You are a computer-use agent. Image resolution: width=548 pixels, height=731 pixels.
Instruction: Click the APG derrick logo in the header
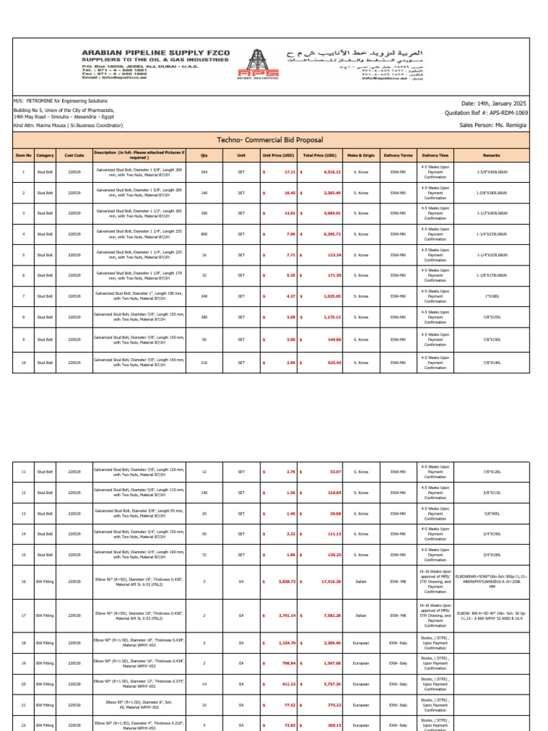pyautogui.click(x=274, y=64)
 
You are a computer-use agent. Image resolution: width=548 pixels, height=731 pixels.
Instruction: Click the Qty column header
pyautogui.click(x=204, y=154)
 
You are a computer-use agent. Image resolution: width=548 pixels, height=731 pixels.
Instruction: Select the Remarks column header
pyautogui.click(x=492, y=154)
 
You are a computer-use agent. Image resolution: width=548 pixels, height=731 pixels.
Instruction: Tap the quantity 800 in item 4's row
pyautogui.click(x=204, y=234)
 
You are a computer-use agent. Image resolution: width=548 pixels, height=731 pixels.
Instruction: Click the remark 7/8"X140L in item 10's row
pyautogui.click(x=492, y=363)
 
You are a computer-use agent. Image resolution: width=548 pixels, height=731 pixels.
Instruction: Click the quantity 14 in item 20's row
pyautogui.click(x=204, y=684)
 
